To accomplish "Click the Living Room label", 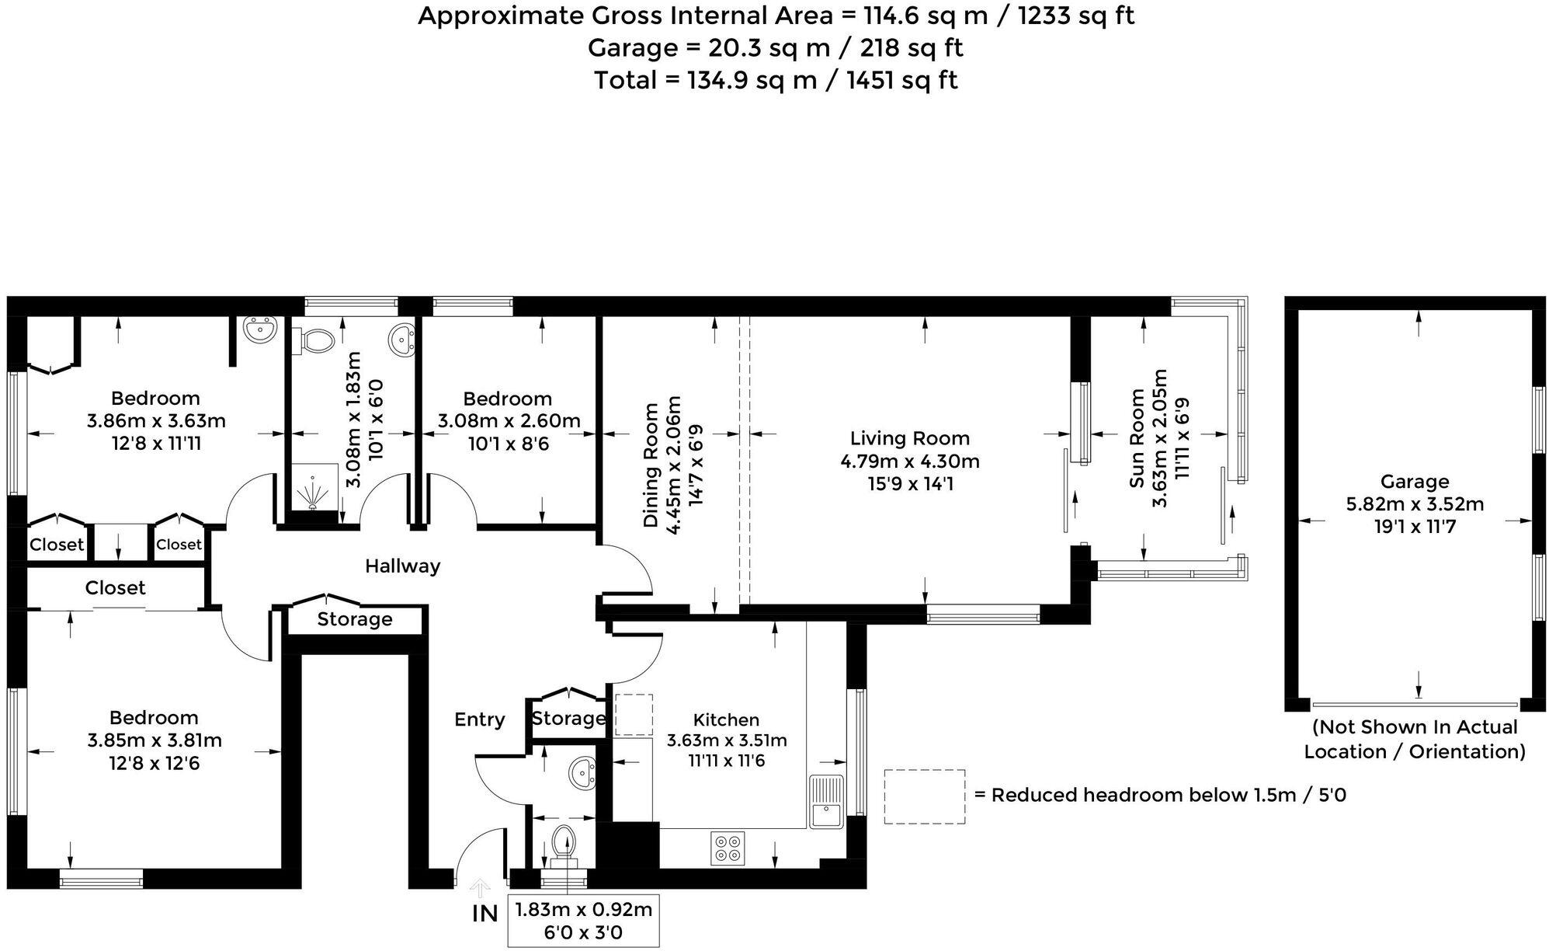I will [909, 439].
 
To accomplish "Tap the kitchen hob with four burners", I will [728, 847].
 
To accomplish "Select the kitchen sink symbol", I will [826, 802].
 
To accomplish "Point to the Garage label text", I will [1414, 482].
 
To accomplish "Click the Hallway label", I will [402, 566].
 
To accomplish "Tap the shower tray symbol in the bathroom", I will [314, 489].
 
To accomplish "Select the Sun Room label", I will [1137, 439].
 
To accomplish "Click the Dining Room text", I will [651, 465].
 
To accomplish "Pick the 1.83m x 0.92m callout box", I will [583, 921].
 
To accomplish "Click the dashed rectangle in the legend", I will [924, 796].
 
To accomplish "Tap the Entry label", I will [479, 719].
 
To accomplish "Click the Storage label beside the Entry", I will [568, 719].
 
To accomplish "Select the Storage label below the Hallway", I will [355, 619].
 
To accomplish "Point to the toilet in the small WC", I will [564, 843].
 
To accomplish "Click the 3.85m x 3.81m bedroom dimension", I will [155, 740].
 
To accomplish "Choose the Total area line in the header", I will [775, 80].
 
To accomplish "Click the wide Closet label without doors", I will [115, 588].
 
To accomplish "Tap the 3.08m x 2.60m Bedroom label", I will [508, 399].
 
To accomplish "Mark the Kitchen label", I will [726, 719].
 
